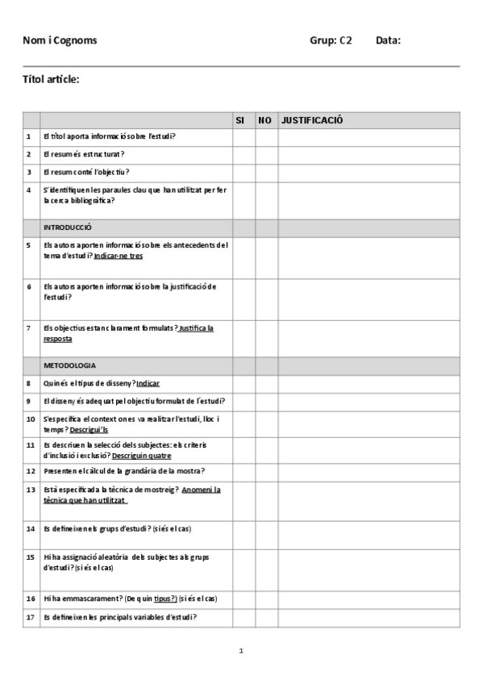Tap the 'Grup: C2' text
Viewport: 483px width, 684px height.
point(331,40)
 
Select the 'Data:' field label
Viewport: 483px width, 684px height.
point(388,40)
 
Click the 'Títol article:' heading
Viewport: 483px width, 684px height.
point(51,78)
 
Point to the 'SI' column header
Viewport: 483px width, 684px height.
point(239,120)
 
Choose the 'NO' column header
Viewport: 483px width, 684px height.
point(264,120)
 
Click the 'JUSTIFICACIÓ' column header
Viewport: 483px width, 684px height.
point(312,120)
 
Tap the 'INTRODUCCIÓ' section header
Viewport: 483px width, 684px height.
point(68,227)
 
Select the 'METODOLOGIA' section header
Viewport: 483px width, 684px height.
point(69,365)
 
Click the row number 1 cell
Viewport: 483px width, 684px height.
point(29,136)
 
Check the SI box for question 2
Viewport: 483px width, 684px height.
point(244,154)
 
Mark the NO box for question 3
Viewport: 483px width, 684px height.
point(266,172)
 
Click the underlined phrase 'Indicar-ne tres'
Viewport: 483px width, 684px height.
point(119,256)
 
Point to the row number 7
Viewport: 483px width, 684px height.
point(29,328)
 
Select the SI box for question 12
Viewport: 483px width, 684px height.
point(244,470)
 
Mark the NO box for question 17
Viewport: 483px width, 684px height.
point(266,617)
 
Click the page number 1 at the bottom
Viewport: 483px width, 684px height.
point(241,651)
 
